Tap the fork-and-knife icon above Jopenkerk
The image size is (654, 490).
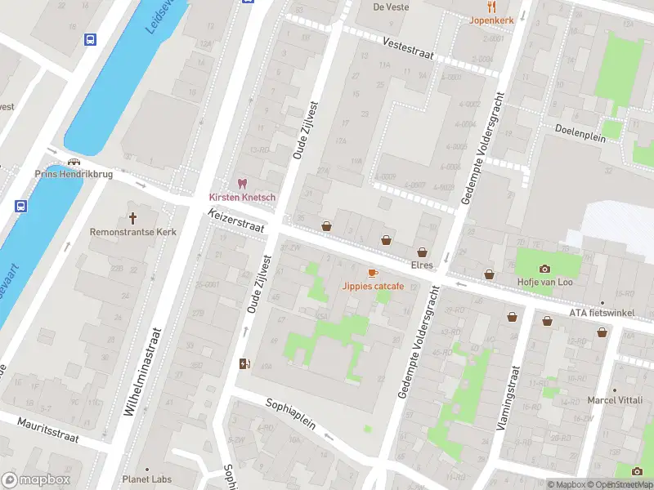[x=492, y=5]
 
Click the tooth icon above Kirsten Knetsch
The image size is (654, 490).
[x=242, y=184]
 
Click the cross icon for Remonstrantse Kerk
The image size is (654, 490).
[x=133, y=218]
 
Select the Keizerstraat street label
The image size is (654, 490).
[x=237, y=220]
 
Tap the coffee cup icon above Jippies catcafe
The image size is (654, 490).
[x=372, y=272]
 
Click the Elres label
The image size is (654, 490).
[x=422, y=266]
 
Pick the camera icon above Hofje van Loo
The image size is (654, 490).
[x=544, y=269]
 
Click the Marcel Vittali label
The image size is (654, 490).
[x=614, y=400]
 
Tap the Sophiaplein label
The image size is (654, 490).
[x=291, y=416]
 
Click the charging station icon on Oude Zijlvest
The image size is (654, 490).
[x=243, y=364]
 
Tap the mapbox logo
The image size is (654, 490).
[x=36, y=480]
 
